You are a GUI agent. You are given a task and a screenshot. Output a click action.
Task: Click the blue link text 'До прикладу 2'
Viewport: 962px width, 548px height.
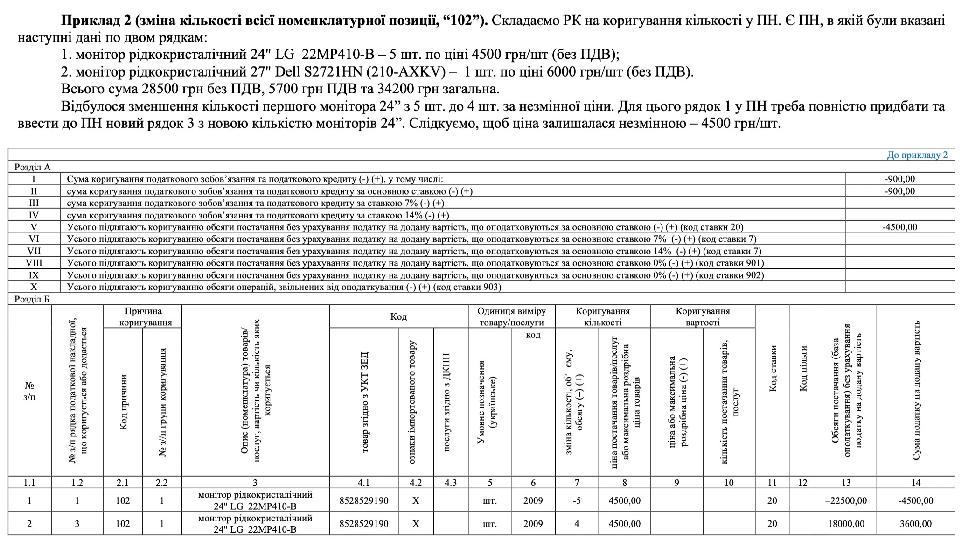point(917,155)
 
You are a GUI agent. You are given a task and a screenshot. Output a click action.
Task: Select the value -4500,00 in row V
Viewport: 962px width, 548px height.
point(899,227)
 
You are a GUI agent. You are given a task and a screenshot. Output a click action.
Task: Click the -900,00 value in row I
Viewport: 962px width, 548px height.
point(899,179)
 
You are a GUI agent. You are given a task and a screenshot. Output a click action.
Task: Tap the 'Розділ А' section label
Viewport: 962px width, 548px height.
point(32,167)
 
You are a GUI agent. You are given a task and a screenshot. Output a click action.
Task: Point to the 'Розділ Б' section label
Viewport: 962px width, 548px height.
point(32,299)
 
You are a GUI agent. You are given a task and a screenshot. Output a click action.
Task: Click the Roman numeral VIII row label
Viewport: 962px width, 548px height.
point(34,263)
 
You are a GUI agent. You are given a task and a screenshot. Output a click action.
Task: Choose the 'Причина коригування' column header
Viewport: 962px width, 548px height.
point(143,316)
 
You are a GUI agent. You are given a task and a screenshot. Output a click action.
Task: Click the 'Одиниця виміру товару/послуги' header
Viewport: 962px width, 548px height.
point(511,316)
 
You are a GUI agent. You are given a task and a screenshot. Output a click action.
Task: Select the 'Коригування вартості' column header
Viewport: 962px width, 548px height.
point(703,316)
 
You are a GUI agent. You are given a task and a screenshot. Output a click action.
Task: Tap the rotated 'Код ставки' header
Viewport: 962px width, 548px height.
point(773,369)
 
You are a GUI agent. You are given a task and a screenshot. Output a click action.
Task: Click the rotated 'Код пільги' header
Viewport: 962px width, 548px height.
point(803,369)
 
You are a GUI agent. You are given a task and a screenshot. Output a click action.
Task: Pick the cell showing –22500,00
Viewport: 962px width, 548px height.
point(846,501)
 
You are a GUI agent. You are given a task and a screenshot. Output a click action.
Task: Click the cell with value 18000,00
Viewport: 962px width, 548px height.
point(846,524)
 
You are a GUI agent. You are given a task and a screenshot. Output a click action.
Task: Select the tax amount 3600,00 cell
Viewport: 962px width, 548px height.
point(915,524)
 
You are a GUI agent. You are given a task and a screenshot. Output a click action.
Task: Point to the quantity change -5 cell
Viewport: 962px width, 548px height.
point(577,501)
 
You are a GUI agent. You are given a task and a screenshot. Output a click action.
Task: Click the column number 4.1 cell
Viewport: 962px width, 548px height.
point(363,483)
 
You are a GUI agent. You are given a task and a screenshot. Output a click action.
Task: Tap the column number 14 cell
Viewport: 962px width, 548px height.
point(915,483)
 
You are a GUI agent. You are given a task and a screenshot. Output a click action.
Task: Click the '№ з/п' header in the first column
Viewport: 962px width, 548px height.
point(29,391)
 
